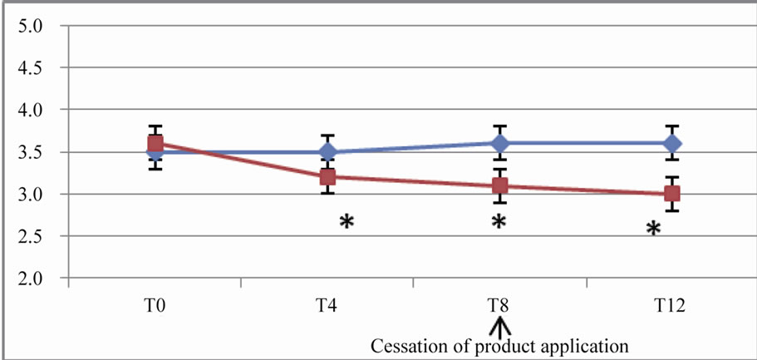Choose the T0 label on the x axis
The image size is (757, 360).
[x=155, y=307]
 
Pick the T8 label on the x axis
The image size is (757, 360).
[x=499, y=307]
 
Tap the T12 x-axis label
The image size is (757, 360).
[x=670, y=307]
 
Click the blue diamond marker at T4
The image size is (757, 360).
[x=327, y=152]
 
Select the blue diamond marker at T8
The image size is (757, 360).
[x=499, y=143]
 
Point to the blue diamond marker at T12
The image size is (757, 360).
[x=671, y=143]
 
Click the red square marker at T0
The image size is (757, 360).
[x=155, y=143]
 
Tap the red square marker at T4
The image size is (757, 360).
[x=327, y=177]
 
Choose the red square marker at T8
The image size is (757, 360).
[x=499, y=185]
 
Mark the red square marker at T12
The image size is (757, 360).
[x=671, y=194]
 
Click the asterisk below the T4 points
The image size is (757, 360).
[x=347, y=222]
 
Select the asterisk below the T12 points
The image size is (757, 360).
[x=654, y=229]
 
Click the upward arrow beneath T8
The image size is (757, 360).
[x=499, y=327]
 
